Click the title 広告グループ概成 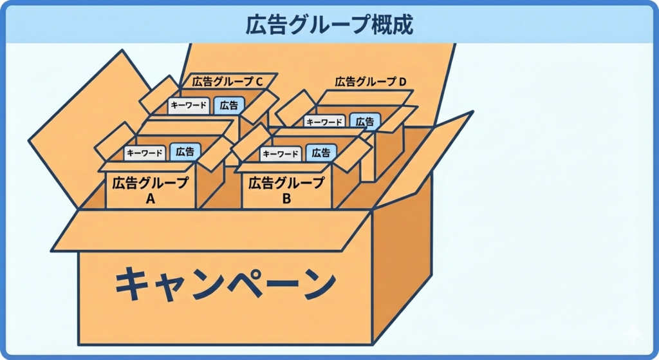pos(329,24)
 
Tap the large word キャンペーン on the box pos(226,284)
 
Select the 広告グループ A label pos(150,183)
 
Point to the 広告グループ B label pos(286,183)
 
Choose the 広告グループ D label pos(371,82)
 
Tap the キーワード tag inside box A pos(145,153)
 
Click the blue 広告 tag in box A pos(185,152)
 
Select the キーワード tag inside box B pos(281,154)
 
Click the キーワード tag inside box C pos(189,106)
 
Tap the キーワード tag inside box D pos(326,122)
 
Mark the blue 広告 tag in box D pos(365,121)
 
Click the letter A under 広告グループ pos(151,199)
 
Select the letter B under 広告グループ pos(286,199)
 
